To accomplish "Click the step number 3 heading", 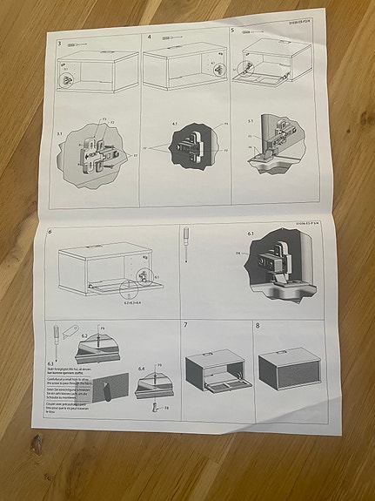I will coord(59,42).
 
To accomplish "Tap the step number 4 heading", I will coord(150,38).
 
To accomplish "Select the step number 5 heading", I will coord(233,30).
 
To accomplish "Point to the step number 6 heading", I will coord(50,232).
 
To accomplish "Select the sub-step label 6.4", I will coord(141,369).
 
